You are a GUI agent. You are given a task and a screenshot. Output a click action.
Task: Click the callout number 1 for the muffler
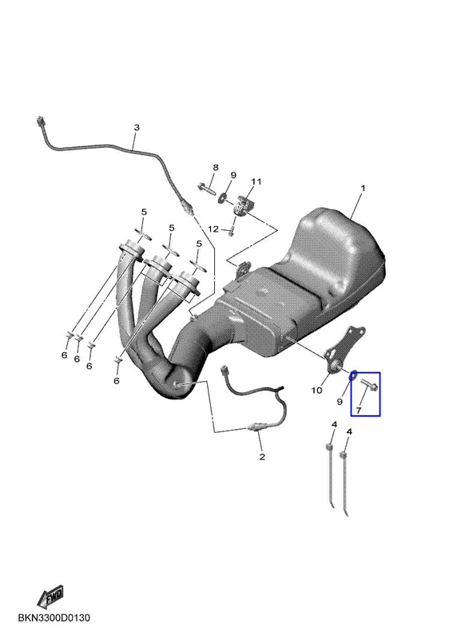[363, 189]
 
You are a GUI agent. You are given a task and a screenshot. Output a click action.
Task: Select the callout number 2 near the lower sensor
[262, 457]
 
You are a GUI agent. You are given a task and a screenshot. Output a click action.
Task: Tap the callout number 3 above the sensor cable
[137, 128]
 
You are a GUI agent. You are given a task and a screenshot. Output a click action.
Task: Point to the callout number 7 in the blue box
[358, 410]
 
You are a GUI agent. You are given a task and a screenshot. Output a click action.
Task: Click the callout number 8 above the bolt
[216, 167]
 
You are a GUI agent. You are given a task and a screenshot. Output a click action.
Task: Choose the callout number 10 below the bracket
[316, 391]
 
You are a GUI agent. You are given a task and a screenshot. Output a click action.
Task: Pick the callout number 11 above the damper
[256, 181]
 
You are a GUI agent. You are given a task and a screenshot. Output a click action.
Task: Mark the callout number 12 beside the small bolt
[213, 229]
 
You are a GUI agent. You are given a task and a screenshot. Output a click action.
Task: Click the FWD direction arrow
[50, 597]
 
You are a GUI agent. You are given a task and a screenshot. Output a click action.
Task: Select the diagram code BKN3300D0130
[54, 617]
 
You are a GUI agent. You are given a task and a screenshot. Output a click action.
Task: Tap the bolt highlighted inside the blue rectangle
[369, 385]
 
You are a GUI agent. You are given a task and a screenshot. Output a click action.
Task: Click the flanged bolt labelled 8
[207, 189]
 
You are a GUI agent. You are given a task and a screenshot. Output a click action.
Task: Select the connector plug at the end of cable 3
[40, 121]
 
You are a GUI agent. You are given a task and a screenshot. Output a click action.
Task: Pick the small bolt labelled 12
[231, 230]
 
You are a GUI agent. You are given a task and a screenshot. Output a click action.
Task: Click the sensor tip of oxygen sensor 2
[250, 427]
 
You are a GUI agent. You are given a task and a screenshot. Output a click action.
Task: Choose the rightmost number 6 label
[117, 381]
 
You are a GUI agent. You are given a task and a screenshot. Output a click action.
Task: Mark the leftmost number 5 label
[144, 212]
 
